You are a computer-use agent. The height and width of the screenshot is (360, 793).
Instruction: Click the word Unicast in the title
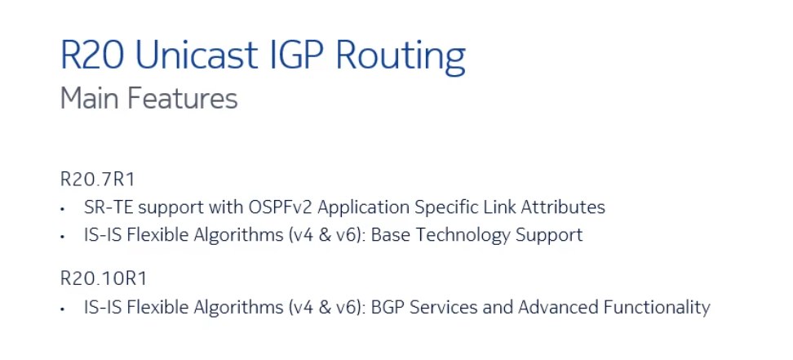click(197, 54)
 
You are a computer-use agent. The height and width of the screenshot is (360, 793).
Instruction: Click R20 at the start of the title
click(92, 54)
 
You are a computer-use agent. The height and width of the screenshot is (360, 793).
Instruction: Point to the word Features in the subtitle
click(182, 98)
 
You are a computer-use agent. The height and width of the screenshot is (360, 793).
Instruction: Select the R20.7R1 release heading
click(98, 180)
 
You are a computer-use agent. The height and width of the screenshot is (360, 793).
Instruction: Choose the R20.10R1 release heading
click(103, 279)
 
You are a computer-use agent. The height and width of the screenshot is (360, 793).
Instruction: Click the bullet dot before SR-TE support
click(62, 208)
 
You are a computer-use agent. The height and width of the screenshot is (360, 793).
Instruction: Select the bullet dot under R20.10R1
click(62, 309)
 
